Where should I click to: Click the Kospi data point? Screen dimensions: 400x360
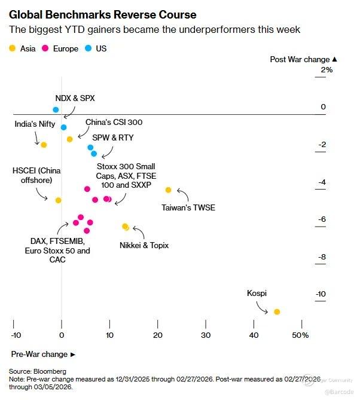click(x=277, y=312)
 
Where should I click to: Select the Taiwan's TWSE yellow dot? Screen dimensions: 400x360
click(x=168, y=190)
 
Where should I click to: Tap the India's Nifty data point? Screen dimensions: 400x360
click(x=44, y=145)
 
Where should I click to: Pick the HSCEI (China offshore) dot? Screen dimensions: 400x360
click(x=58, y=200)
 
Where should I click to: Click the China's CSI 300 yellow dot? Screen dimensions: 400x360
click(x=70, y=139)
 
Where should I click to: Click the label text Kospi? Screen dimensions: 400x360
click(x=257, y=293)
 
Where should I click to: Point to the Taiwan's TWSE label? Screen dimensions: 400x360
click(x=188, y=208)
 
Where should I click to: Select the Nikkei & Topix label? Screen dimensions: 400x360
click(x=144, y=245)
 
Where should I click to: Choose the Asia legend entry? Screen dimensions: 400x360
click(x=23, y=48)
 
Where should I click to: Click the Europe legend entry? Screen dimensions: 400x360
click(x=60, y=48)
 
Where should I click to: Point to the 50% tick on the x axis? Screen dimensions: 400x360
click(x=300, y=335)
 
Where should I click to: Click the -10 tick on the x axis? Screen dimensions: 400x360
click(x=16, y=335)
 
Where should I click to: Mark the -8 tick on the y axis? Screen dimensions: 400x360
click(x=321, y=257)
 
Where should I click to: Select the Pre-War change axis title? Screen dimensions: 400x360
click(x=44, y=354)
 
